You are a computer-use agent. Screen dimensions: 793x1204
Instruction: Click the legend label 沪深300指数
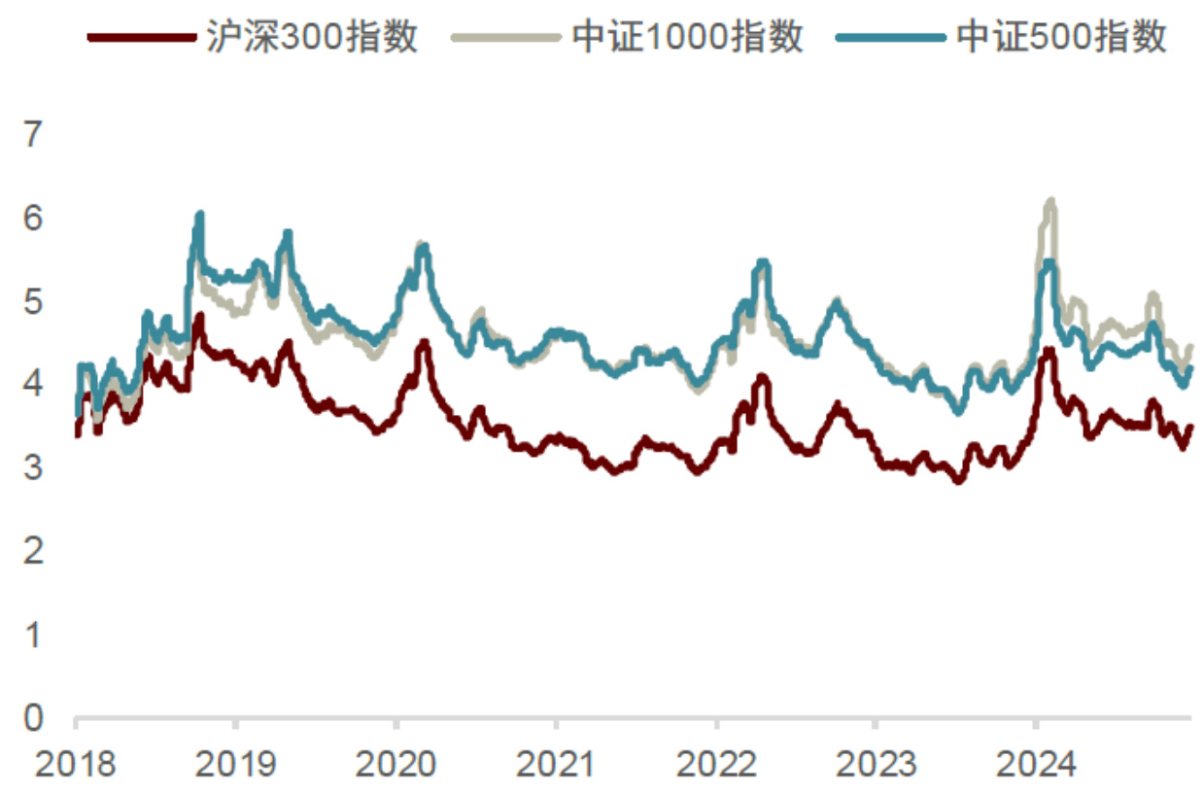[x=312, y=37]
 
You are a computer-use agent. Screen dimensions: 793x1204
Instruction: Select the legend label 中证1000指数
[x=687, y=37]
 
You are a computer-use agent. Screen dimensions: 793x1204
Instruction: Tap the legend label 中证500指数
[x=1061, y=37]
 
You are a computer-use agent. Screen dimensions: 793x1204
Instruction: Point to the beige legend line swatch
[x=506, y=38]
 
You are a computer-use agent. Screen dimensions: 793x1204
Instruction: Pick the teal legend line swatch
[x=890, y=38]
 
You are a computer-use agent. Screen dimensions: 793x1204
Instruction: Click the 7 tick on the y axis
[x=34, y=134]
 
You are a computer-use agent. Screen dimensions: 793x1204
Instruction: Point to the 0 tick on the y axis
[x=34, y=719]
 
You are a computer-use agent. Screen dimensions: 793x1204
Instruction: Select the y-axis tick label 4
[x=34, y=385]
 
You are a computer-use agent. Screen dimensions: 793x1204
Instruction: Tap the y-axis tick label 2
[x=34, y=552]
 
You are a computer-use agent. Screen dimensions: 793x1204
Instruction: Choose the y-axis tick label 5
[x=34, y=301]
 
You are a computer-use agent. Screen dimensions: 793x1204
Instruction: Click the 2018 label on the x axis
[x=75, y=764]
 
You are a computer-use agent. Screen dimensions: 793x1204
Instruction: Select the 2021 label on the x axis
[x=555, y=764]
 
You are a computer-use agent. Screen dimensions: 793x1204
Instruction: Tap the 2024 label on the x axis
[x=1035, y=764]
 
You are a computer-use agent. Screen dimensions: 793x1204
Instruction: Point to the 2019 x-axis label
[x=234, y=764]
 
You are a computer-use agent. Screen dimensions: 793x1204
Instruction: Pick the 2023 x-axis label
[x=876, y=764]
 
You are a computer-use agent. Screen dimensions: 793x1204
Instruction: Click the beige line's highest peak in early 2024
[x=1050, y=201]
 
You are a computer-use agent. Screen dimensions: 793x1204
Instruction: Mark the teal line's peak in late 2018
[x=199, y=214]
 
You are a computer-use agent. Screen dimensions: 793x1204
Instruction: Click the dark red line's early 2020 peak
[x=424, y=342]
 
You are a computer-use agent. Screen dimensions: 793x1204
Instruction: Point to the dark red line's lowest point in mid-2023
[x=959, y=480]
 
